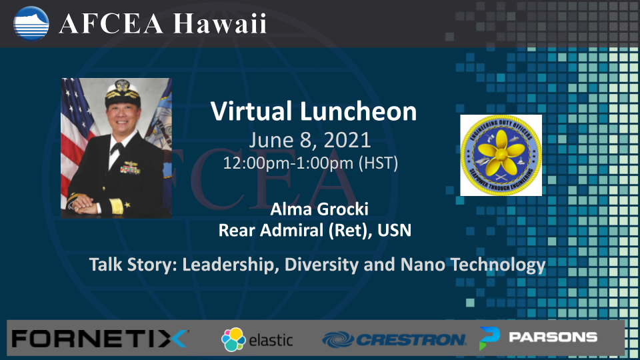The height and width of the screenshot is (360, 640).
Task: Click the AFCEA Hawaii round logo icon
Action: tap(31, 23)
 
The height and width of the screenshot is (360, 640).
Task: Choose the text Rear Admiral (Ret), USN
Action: tap(314, 231)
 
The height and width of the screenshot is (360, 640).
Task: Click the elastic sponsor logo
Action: tap(257, 339)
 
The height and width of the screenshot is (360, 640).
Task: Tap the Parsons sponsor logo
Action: tap(539, 337)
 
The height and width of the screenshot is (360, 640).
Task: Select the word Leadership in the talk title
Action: tap(229, 265)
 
